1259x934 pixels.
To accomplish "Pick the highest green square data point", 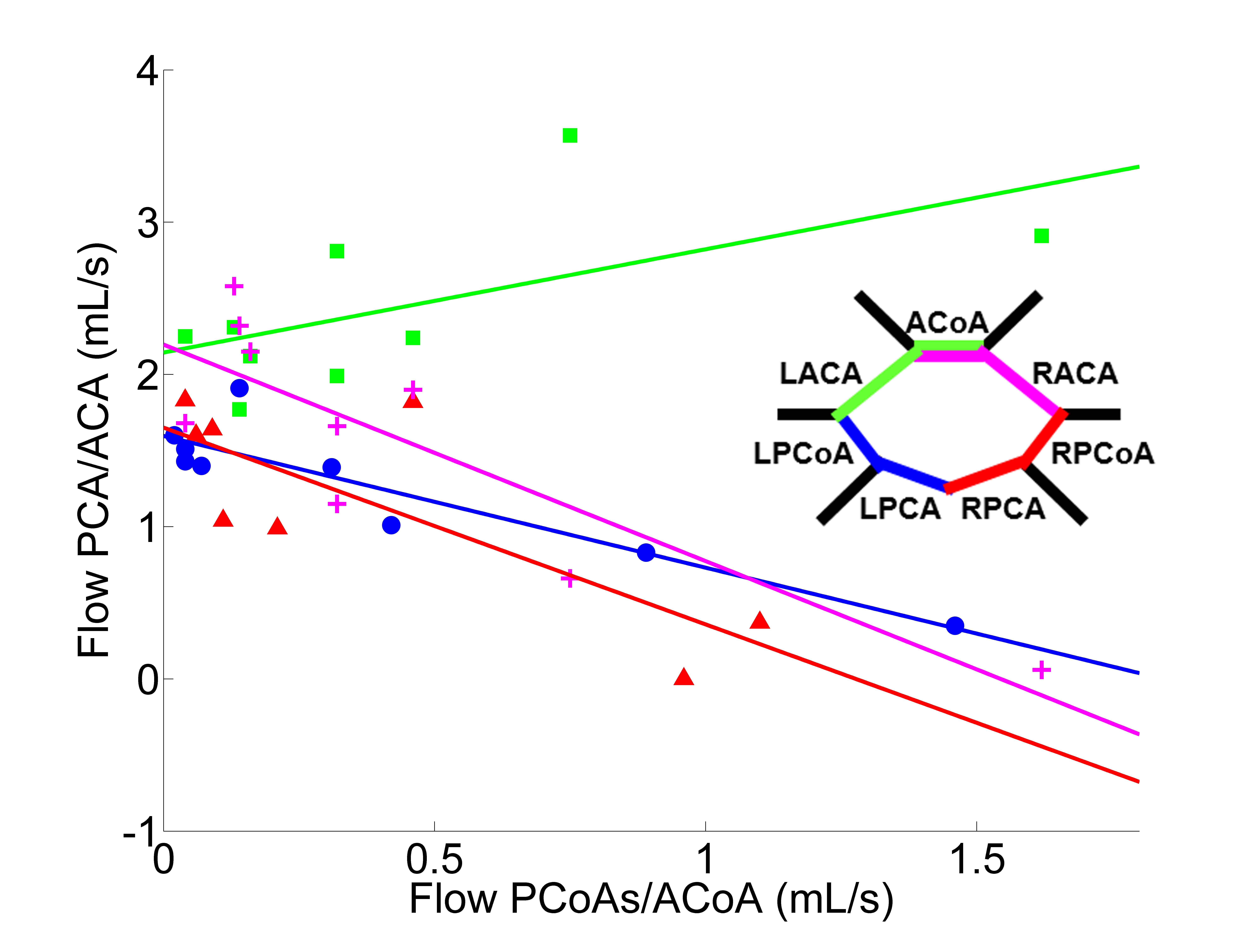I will tap(570, 136).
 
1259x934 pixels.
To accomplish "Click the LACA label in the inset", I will tap(821, 374).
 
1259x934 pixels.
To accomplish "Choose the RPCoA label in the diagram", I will tap(1102, 453).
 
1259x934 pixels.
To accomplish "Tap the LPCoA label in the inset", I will tap(803, 453).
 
